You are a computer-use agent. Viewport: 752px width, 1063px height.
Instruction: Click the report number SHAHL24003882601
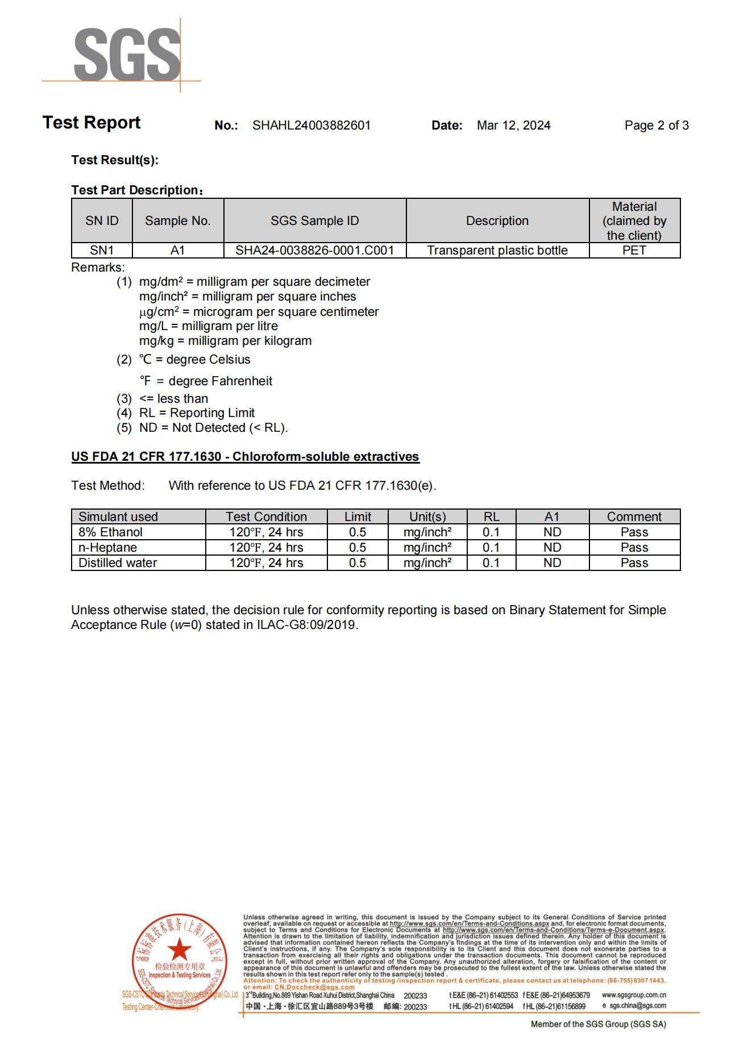click(x=311, y=126)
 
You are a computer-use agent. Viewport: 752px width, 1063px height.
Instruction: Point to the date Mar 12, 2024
click(x=513, y=126)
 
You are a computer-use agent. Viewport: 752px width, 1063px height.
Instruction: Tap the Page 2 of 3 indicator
click(x=656, y=126)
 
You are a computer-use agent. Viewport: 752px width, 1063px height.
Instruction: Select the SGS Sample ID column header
click(x=314, y=220)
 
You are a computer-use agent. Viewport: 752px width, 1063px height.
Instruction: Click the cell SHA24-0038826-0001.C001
click(x=314, y=251)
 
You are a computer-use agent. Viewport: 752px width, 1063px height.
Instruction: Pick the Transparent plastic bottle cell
click(x=497, y=251)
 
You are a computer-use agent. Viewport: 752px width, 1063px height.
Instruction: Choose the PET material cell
click(x=634, y=251)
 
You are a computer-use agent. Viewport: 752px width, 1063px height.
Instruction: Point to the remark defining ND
click(x=213, y=428)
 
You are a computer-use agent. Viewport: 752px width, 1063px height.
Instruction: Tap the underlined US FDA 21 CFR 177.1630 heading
click(x=245, y=457)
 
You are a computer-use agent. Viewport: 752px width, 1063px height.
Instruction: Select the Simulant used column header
click(x=118, y=516)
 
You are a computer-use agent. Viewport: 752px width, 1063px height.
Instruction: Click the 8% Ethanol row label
click(x=111, y=532)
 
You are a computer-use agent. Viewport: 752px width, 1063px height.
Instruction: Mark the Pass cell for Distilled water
click(x=634, y=563)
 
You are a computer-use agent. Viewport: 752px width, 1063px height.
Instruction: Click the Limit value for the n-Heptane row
click(x=358, y=548)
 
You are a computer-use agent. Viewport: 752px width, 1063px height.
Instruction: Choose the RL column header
click(x=491, y=516)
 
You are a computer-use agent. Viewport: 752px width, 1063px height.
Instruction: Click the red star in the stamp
click(x=180, y=949)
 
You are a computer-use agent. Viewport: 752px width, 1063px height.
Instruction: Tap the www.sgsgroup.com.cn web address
click(x=634, y=995)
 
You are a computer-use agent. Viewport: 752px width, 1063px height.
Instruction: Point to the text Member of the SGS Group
click(x=598, y=1024)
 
